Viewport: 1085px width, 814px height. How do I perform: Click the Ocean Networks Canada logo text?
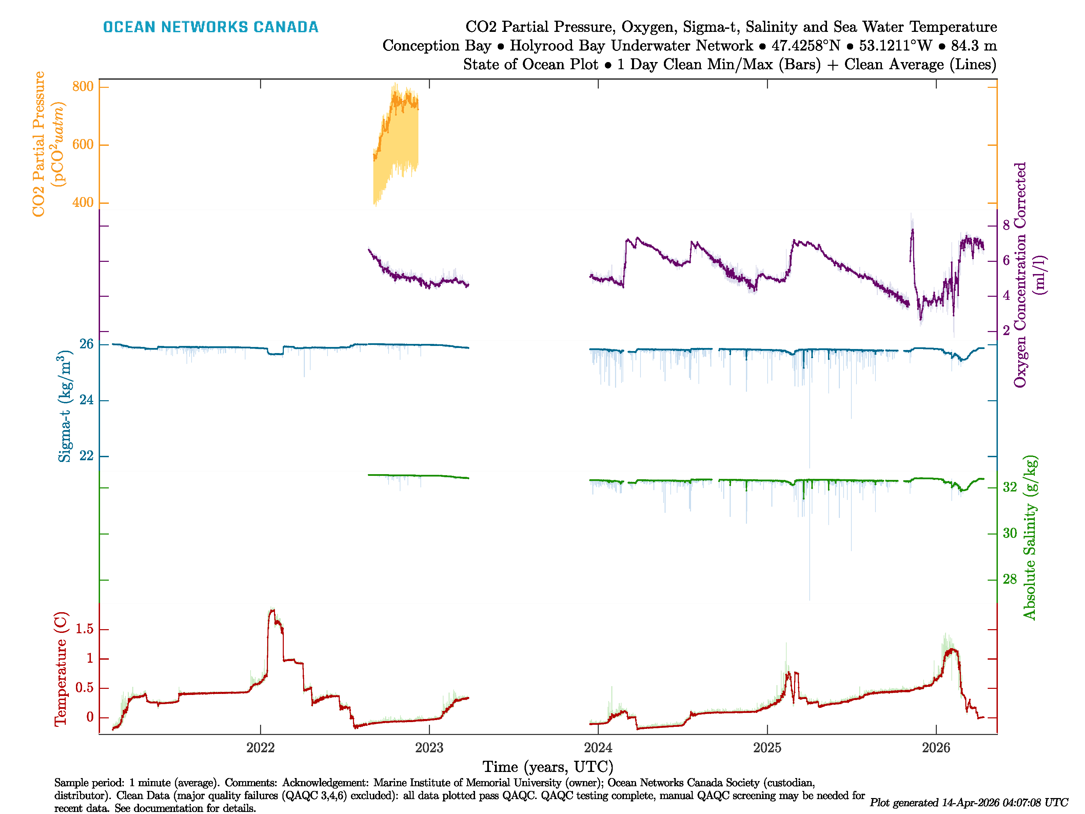211,27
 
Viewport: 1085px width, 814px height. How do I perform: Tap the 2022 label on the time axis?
260,748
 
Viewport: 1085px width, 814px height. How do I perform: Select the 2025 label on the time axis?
767,748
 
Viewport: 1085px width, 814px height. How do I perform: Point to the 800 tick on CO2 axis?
82,87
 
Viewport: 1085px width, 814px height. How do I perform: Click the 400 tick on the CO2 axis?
82,202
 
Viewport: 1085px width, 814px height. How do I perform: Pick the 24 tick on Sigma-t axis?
86,400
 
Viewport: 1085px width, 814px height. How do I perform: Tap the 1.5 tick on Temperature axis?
84,629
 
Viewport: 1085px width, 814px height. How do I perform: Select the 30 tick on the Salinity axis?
1009,534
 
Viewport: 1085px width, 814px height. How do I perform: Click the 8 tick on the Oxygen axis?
1006,226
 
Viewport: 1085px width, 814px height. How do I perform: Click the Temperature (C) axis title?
61,669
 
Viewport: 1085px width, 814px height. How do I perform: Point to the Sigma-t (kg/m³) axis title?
65,406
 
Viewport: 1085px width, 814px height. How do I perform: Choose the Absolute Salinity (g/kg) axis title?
1030,538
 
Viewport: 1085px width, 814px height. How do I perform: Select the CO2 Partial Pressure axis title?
48,144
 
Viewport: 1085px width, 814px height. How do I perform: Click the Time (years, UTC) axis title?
548,767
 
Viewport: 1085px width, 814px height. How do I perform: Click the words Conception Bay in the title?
437,46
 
